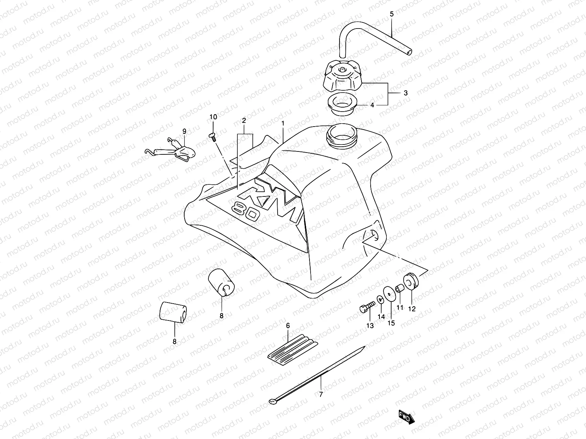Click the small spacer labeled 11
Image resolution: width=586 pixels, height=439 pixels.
click(x=399, y=289)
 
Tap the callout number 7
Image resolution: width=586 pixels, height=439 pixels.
click(x=321, y=394)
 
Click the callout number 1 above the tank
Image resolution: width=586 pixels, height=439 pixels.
click(x=283, y=124)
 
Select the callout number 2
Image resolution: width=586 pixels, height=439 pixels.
click(x=244, y=120)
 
